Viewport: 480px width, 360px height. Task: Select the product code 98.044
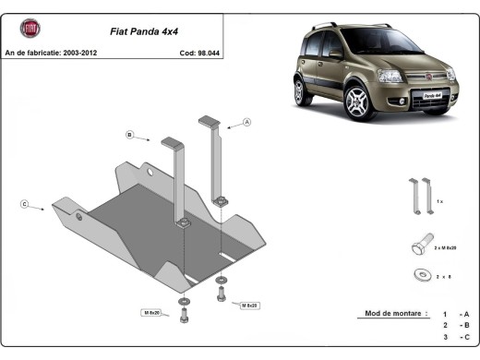click(x=198, y=53)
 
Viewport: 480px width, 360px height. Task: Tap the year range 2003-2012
click(x=81, y=53)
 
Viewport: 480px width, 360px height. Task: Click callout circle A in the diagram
click(x=247, y=122)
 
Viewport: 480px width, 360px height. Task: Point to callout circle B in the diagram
click(x=130, y=136)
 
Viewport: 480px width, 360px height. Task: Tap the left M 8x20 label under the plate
click(x=151, y=313)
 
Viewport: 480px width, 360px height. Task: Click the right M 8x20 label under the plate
click(x=250, y=304)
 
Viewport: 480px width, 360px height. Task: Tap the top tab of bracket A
click(x=209, y=120)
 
